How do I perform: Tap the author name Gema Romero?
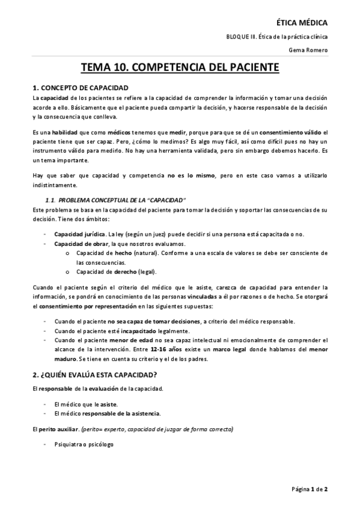point(311,49)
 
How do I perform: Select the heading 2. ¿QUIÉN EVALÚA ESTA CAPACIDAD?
point(95,375)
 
